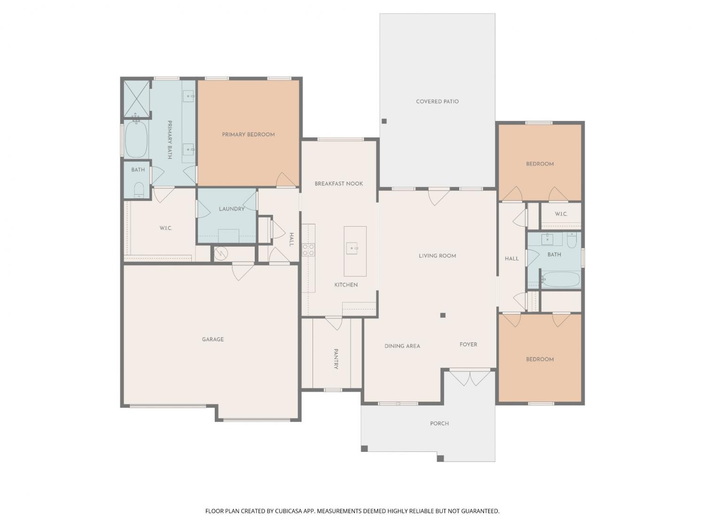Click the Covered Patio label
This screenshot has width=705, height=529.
click(437, 102)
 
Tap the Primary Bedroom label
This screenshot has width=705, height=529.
click(248, 134)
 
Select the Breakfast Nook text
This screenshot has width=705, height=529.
click(338, 184)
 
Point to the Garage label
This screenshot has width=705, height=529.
click(212, 339)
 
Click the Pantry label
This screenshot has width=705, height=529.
click(336, 359)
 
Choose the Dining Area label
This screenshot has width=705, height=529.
click(402, 346)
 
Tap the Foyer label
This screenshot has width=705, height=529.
click(468, 344)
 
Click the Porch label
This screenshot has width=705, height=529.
click(439, 423)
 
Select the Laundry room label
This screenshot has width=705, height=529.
click(232, 209)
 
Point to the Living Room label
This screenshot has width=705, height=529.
click(437, 256)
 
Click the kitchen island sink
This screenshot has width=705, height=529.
click(352, 248)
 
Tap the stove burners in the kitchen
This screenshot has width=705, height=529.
click(308, 250)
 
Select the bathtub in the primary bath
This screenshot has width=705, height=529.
click(136, 139)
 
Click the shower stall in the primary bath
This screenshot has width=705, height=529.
click(137, 98)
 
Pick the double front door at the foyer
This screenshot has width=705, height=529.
click(470, 378)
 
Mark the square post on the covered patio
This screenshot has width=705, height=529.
click(384, 121)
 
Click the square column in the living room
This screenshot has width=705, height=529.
click(443, 315)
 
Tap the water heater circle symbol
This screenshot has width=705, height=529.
click(221, 253)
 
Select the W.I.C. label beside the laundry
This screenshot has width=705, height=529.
click(166, 228)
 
